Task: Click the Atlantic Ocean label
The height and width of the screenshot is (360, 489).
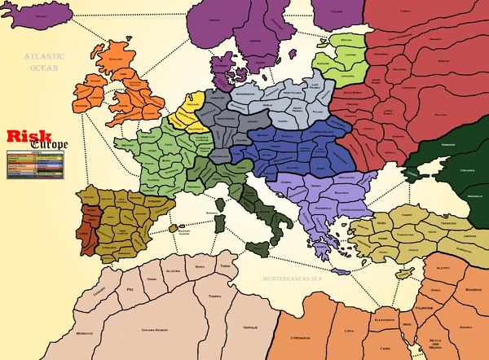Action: coord(37,62)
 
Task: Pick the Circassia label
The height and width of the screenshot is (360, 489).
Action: coord(462,172)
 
